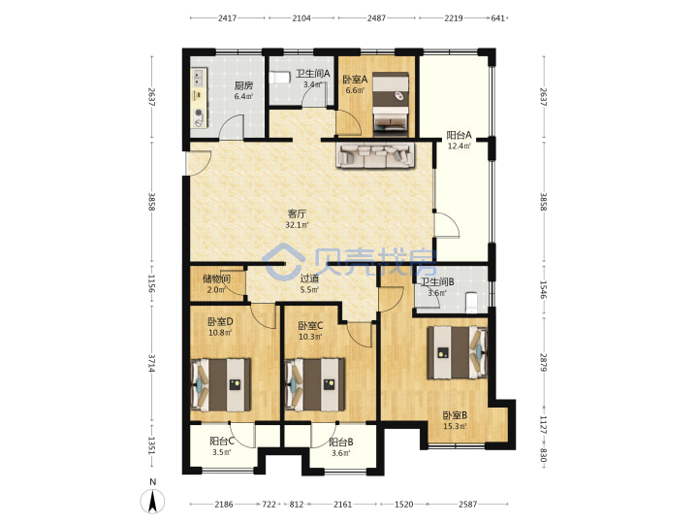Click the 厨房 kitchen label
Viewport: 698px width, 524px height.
(x=243, y=85)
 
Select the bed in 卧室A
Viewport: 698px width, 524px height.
(x=391, y=104)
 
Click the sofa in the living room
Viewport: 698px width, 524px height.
(x=375, y=155)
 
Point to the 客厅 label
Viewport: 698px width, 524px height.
(x=297, y=213)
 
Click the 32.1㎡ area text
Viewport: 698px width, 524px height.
(x=297, y=225)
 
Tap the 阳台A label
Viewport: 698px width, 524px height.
(x=459, y=135)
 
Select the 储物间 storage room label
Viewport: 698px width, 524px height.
(x=216, y=278)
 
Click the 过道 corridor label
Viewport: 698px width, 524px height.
(x=309, y=278)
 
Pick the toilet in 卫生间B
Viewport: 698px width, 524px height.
(x=471, y=302)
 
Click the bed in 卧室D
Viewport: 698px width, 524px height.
(x=221, y=384)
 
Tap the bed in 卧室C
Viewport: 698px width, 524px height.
(x=315, y=384)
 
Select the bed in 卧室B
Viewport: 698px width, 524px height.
(x=458, y=352)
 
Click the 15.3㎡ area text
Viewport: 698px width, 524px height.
(x=455, y=426)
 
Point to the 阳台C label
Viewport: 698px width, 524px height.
(x=222, y=442)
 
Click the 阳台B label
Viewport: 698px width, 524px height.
(x=341, y=442)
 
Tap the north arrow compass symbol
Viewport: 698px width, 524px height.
(x=153, y=500)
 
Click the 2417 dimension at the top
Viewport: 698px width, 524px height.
(x=227, y=18)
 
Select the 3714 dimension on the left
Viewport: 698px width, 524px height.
(x=152, y=363)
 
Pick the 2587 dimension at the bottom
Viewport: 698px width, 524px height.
(x=468, y=505)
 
